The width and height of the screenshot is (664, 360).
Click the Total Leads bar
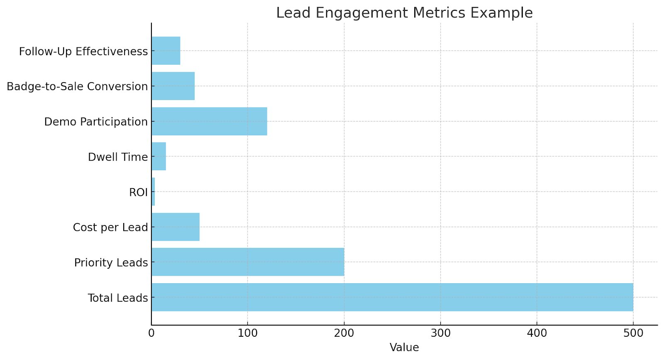tap(392, 297)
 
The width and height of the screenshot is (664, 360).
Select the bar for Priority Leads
tap(248, 262)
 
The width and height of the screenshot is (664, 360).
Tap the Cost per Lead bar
tap(175, 227)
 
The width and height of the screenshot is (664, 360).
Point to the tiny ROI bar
tap(153, 192)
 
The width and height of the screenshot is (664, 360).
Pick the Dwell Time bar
tap(159, 157)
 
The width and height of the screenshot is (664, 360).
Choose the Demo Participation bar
tap(209, 121)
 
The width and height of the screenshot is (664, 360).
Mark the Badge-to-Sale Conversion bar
tap(173, 86)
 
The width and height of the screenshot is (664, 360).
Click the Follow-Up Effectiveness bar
tap(166, 51)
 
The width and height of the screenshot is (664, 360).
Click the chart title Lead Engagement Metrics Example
tap(404, 13)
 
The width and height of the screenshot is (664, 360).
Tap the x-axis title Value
tap(404, 348)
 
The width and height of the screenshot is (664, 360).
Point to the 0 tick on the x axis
tap(151, 333)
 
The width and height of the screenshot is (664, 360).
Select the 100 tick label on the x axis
tap(248, 333)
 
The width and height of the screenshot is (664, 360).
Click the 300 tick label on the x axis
tap(440, 333)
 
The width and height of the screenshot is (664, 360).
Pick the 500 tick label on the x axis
tap(633, 333)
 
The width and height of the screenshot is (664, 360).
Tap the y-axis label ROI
tap(138, 192)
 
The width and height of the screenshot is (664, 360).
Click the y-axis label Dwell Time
tap(118, 157)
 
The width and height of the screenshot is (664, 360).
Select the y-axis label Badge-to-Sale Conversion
tap(77, 86)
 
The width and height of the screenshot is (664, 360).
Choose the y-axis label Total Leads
tap(118, 298)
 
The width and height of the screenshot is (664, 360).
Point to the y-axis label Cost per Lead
tap(110, 227)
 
